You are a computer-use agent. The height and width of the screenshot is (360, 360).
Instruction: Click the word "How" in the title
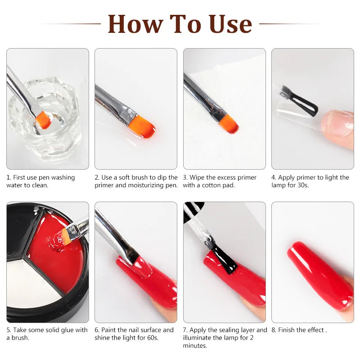(136, 24)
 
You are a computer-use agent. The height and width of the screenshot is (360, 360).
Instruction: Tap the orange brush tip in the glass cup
(44, 120)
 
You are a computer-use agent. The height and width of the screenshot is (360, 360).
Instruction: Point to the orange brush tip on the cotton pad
(229, 125)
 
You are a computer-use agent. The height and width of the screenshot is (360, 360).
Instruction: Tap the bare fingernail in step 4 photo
(337, 123)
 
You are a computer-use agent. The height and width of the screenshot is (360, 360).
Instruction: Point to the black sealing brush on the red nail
(224, 258)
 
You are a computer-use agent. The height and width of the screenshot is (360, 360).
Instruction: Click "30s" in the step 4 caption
(303, 185)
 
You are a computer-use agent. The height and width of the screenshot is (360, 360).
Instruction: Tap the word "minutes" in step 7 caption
(195, 346)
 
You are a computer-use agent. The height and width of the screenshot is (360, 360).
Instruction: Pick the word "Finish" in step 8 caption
(286, 330)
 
